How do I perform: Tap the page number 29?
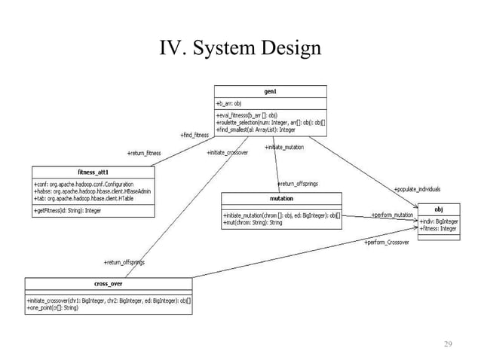(448, 344)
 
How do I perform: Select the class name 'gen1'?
(271, 90)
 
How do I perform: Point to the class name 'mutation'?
(280, 199)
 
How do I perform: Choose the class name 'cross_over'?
(109, 284)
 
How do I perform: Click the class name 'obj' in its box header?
(439, 209)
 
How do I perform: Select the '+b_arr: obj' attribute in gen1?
(229, 103)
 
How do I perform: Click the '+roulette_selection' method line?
(270, 122)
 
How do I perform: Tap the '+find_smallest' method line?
(257, 130)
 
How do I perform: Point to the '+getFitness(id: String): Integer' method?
(68, 212)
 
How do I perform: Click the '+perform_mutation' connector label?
(392, 215)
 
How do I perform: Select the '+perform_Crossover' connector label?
(387, 243)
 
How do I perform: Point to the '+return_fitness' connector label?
(144, 153)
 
